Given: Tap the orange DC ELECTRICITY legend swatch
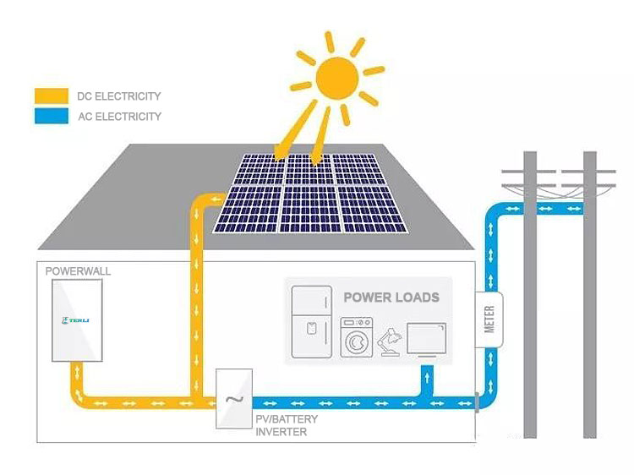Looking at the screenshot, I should click(52, 96).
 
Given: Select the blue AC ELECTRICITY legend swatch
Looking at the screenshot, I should click(52, 117).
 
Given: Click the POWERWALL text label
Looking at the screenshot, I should click(78, 271).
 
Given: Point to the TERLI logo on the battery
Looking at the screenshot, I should click(76, 320).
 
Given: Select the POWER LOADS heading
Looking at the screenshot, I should click(391, 298).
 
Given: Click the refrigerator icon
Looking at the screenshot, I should click(311, 322).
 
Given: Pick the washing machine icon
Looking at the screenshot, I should click(356, 337).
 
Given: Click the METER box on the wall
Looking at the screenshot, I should click(489, 319).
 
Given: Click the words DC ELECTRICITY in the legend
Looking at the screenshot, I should click(118, 96).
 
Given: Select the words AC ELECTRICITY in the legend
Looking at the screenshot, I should click(118, 117).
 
